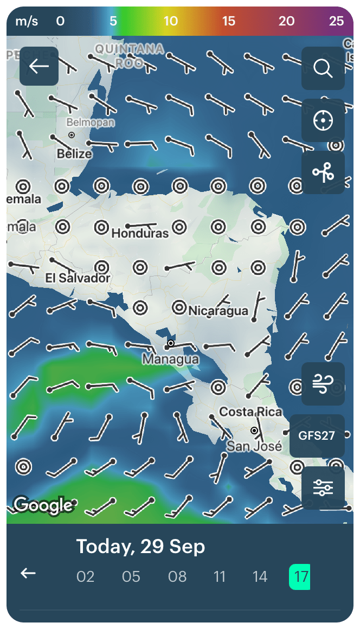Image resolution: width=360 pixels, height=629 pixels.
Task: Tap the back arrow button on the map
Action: coord(39,66)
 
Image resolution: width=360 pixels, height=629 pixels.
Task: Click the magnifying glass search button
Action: coord(323,68)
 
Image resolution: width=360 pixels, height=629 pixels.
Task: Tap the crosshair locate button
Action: coord(323,120)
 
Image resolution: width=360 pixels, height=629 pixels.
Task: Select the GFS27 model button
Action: coord(317,435)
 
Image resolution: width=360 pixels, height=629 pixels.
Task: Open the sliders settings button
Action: coord(323,488)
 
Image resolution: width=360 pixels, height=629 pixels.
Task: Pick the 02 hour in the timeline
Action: coord(86,576)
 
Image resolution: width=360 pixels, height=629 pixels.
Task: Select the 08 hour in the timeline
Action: coord(177,576)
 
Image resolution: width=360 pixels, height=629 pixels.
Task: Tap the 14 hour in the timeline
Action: coord(260,576)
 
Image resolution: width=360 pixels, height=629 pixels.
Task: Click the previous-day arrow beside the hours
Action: coord(28,573)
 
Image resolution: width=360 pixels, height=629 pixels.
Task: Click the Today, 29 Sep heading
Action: coord(140,547)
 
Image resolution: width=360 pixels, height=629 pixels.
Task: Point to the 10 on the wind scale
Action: coord(171,21)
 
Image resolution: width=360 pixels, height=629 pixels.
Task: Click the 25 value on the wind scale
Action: coord(336,21)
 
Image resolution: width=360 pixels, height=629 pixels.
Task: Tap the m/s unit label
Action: coord(27,21)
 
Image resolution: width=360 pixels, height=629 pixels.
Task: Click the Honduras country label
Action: coord(140,234)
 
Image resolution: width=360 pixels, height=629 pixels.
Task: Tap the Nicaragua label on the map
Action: coord(218,311)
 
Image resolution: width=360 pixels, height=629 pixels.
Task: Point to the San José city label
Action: coord(254,446)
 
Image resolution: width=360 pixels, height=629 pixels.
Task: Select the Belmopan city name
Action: coord(91,123)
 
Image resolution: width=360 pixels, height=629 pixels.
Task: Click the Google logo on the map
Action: coord(43,505)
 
